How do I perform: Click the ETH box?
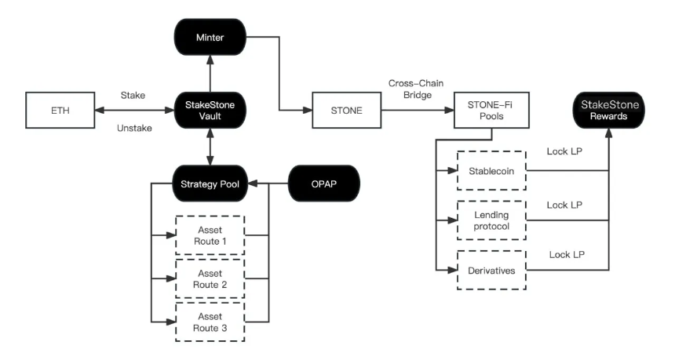click(x=60, y=111)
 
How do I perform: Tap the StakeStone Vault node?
click(x=209, y=111)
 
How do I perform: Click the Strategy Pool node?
click(x=209, y=185)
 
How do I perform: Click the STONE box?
click(x=347, y=111)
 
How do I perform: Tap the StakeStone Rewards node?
click(x=609, y=111)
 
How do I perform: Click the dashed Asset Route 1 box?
click(x=209, y=233)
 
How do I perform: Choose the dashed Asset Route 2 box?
click(x=209, y=277)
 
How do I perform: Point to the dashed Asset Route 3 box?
click(x=209, y=321)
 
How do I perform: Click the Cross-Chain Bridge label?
click(x=416, y=88)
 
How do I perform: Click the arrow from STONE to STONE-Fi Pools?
click(x=416, y=111)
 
